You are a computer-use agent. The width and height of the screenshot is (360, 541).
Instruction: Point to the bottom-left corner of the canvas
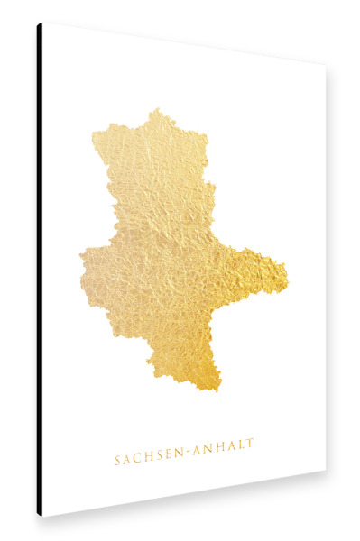pos(42,517)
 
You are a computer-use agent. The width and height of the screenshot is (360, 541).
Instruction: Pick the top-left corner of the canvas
pos(42,23)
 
